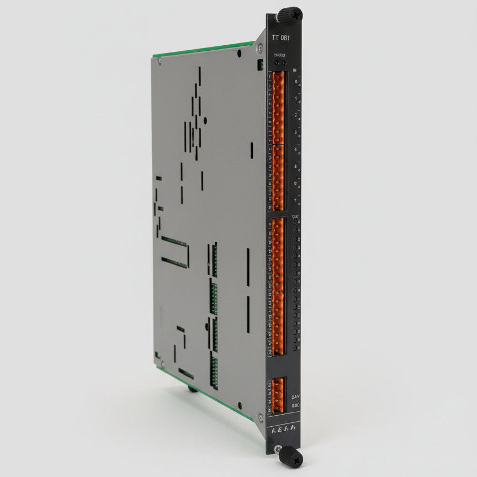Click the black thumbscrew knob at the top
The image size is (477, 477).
pos(290,15)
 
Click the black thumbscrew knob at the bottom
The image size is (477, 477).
pos(290,457)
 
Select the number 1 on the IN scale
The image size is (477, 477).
pos(296,98)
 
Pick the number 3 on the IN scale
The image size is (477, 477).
pos(296,132)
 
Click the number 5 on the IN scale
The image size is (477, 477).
pos(296,166)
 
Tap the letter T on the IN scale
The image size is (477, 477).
pos(296,200)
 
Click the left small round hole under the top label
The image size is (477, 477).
pos(277,62)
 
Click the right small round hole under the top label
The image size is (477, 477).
pos(283,62)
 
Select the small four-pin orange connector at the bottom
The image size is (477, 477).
pos(277,394)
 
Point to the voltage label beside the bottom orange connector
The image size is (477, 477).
pos(296,397)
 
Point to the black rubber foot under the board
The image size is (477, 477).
pos(192,389)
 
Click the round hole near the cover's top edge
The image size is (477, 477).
pos(239,54)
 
